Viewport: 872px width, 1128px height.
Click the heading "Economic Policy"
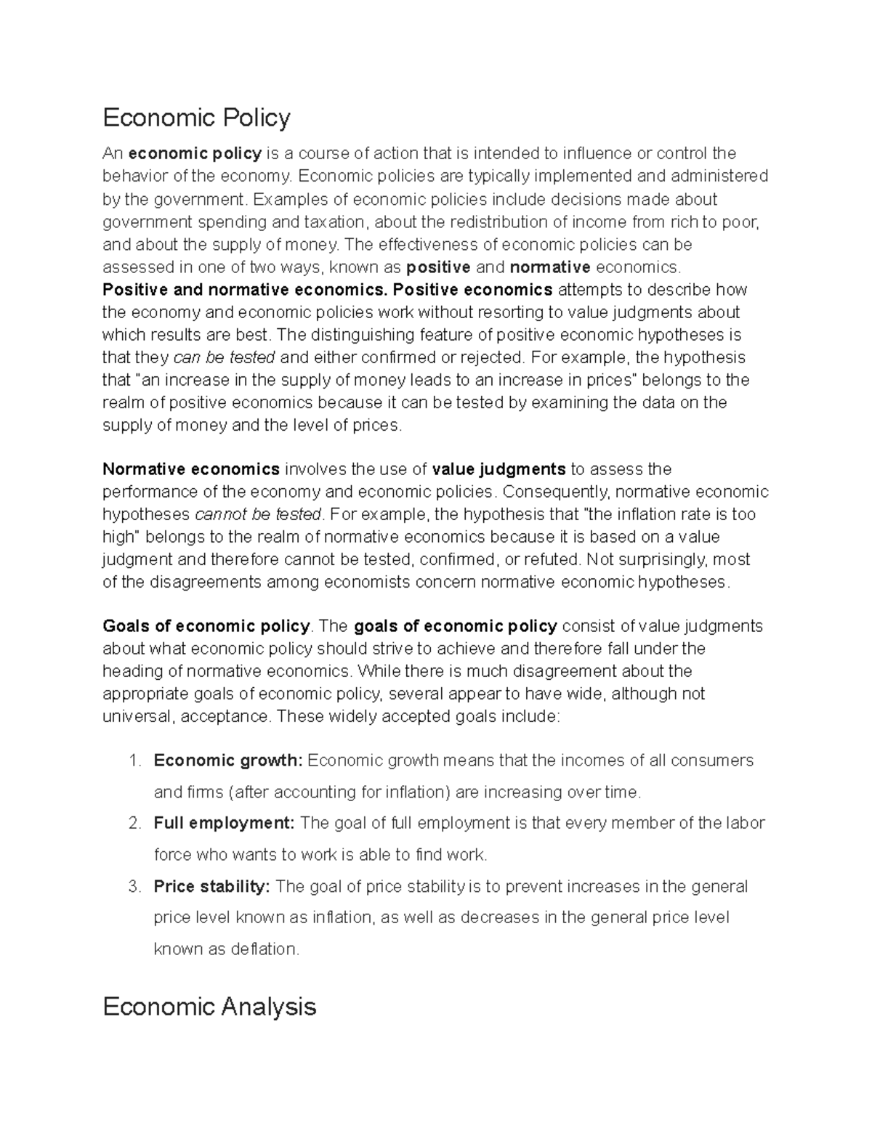tap(196, 118)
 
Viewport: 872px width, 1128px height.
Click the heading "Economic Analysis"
tap(209, 1007)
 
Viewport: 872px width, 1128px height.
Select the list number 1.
tap(133, 760)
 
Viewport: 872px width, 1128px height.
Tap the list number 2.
tap(133, 824)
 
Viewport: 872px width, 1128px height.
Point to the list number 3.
tap(133, 887)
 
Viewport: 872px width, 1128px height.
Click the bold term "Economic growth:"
tap(227, 760)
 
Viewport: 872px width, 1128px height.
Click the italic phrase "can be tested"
tap(224, 357)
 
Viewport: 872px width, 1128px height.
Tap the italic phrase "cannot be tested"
tap(258, 515)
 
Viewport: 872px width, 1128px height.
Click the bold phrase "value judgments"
tap(498, 469)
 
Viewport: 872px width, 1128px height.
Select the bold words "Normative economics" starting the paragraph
tap(191, 469)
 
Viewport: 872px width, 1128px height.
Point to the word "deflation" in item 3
tap(263, 949)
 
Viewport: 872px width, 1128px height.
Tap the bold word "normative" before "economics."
tap(550, 267)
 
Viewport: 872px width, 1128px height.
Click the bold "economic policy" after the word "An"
tap(195, 153)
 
